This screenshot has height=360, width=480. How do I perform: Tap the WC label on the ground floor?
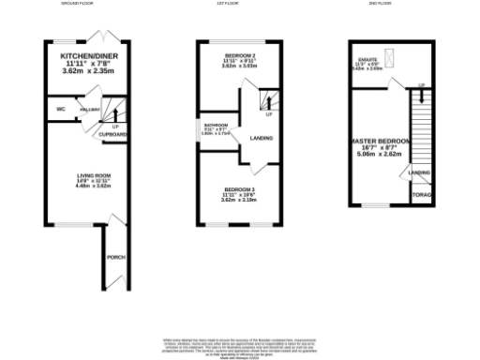pyautogui.click(x=61, y=109)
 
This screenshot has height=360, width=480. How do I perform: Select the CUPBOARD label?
pyautogui.click(x=116, y=134)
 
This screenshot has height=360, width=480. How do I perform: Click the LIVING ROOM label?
pyautogui.click(x=93, y=175)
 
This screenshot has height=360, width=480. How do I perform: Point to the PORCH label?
pyautogui.click(x=116, y=257)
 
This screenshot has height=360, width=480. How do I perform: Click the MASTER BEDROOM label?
pyautogui.click(x=380, y=142)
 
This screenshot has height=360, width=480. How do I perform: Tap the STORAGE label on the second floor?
pyautogui.click(x=421, y=195)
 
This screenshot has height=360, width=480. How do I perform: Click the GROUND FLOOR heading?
pyautogui.click(x=81, y=5)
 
